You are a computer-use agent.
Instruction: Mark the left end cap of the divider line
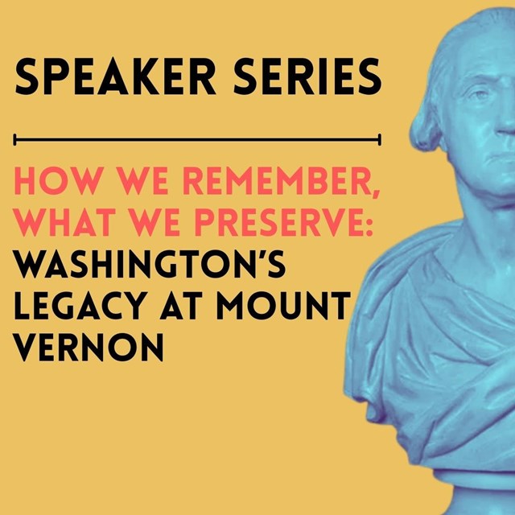click(x=16, y=140)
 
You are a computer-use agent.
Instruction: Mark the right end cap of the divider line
click(x=379, y=140)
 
